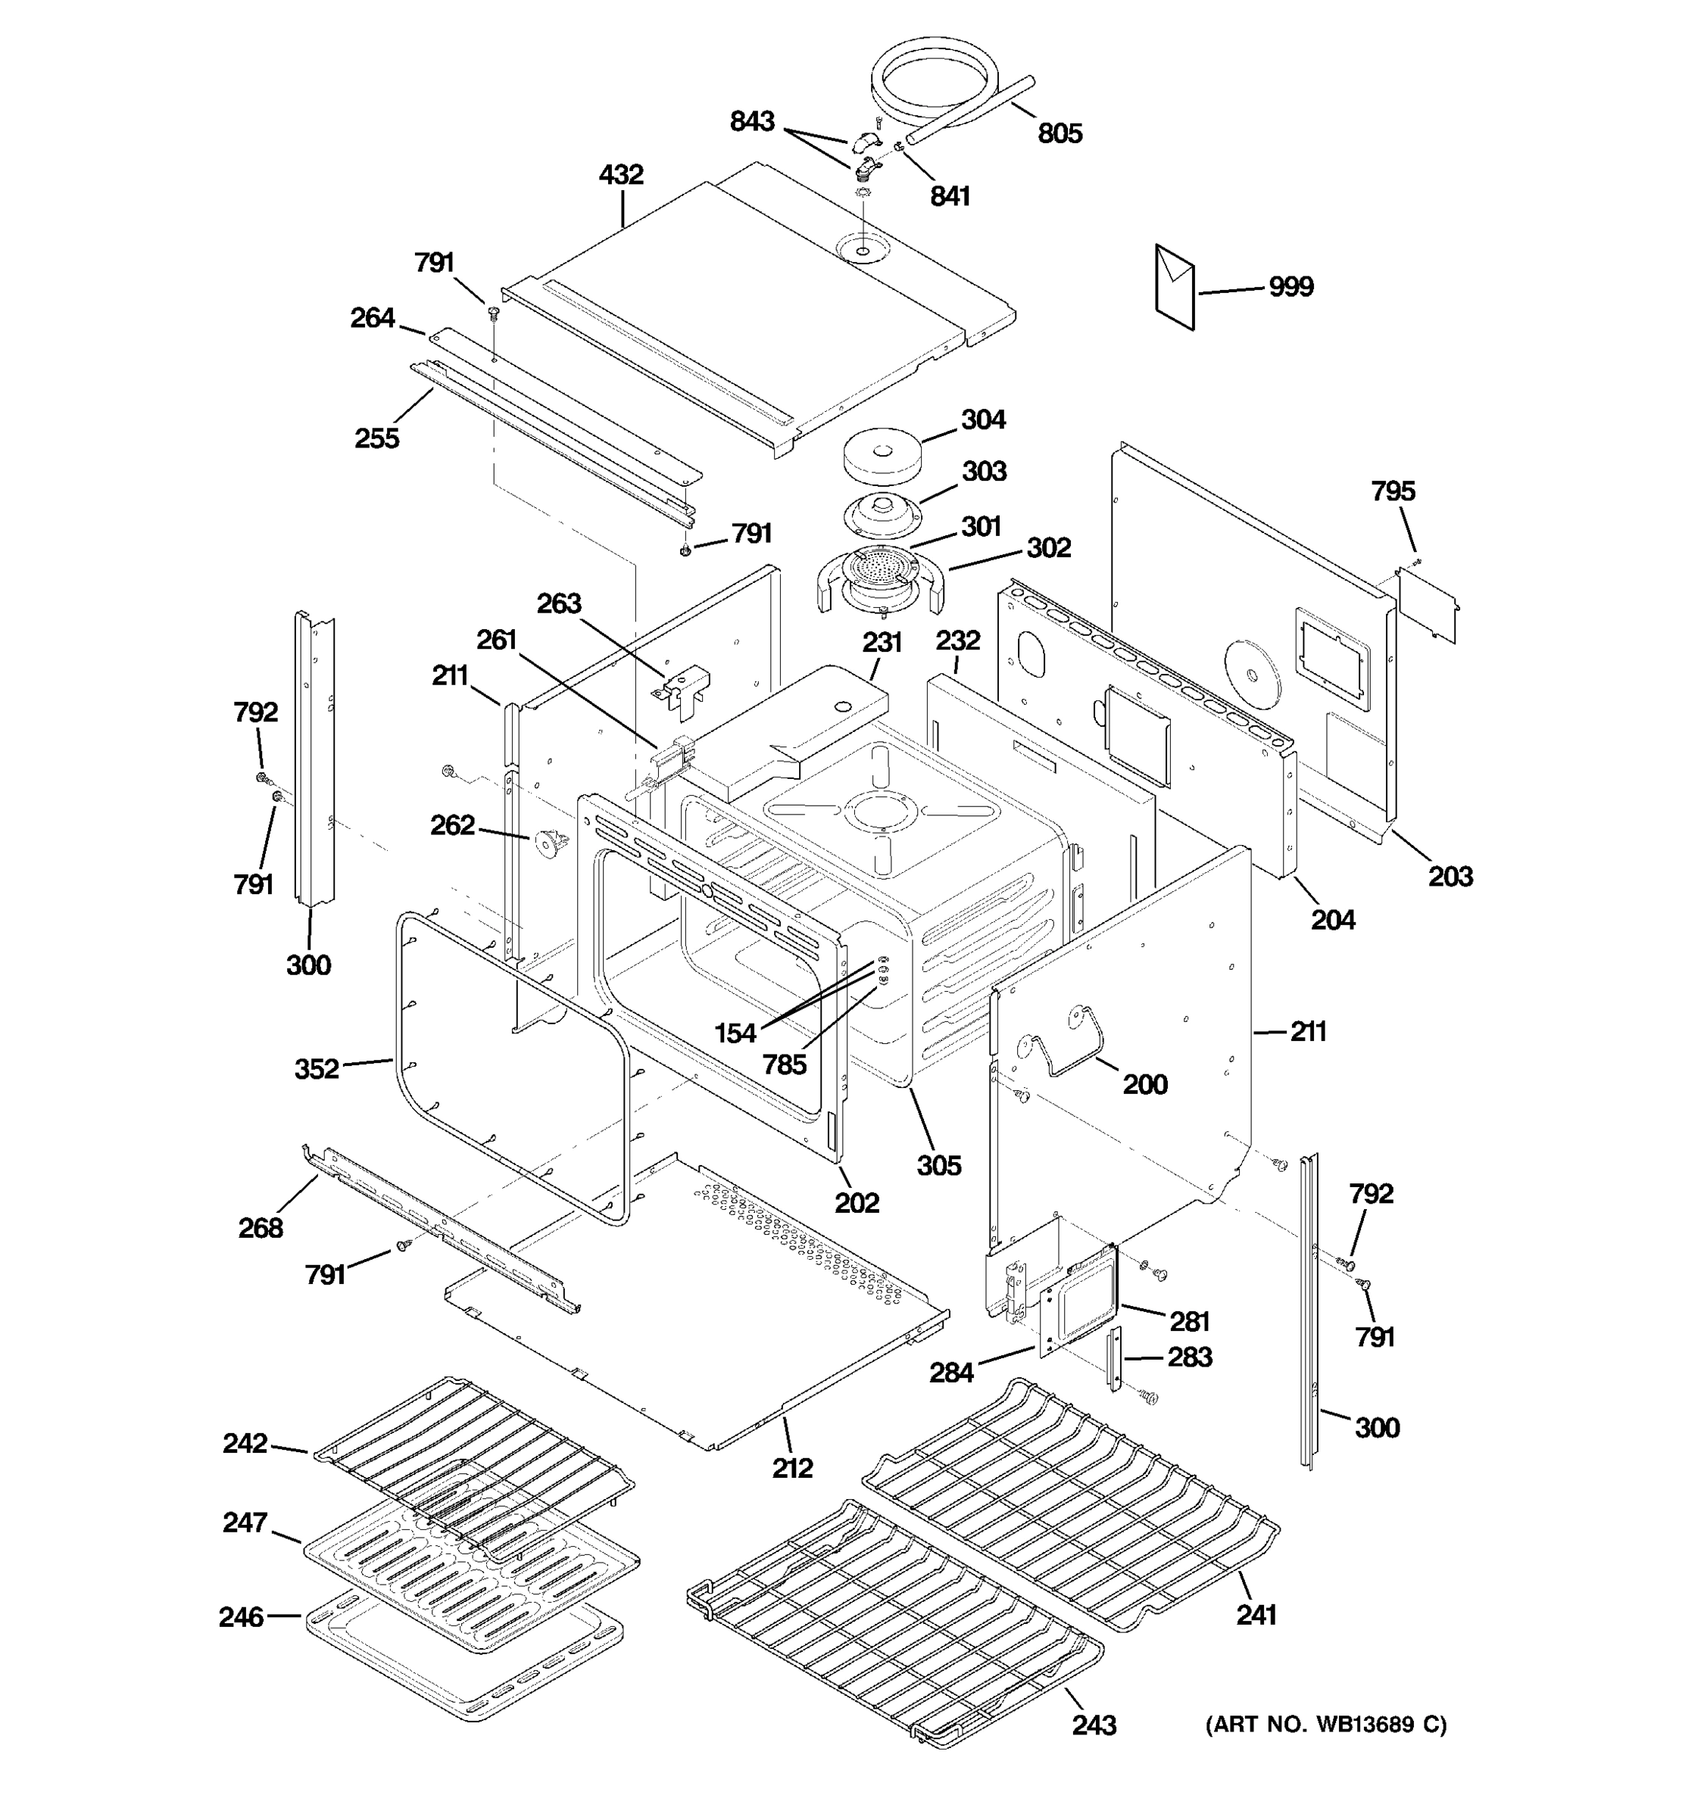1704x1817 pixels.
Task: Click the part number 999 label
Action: (1290, 287)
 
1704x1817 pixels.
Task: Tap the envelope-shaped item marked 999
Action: (1175, 287)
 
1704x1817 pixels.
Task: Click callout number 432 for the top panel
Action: (621, 175)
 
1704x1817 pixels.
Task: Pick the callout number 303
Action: (984, 472)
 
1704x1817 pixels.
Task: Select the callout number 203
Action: (1451, 877)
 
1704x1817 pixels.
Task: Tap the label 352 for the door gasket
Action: (317, 1068)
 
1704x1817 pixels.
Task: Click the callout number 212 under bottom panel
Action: (791, 1468)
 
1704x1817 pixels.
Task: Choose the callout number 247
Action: (245, 1522)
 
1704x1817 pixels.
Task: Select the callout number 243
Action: (1094, 1725)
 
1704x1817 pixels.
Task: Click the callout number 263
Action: (559, 603)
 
